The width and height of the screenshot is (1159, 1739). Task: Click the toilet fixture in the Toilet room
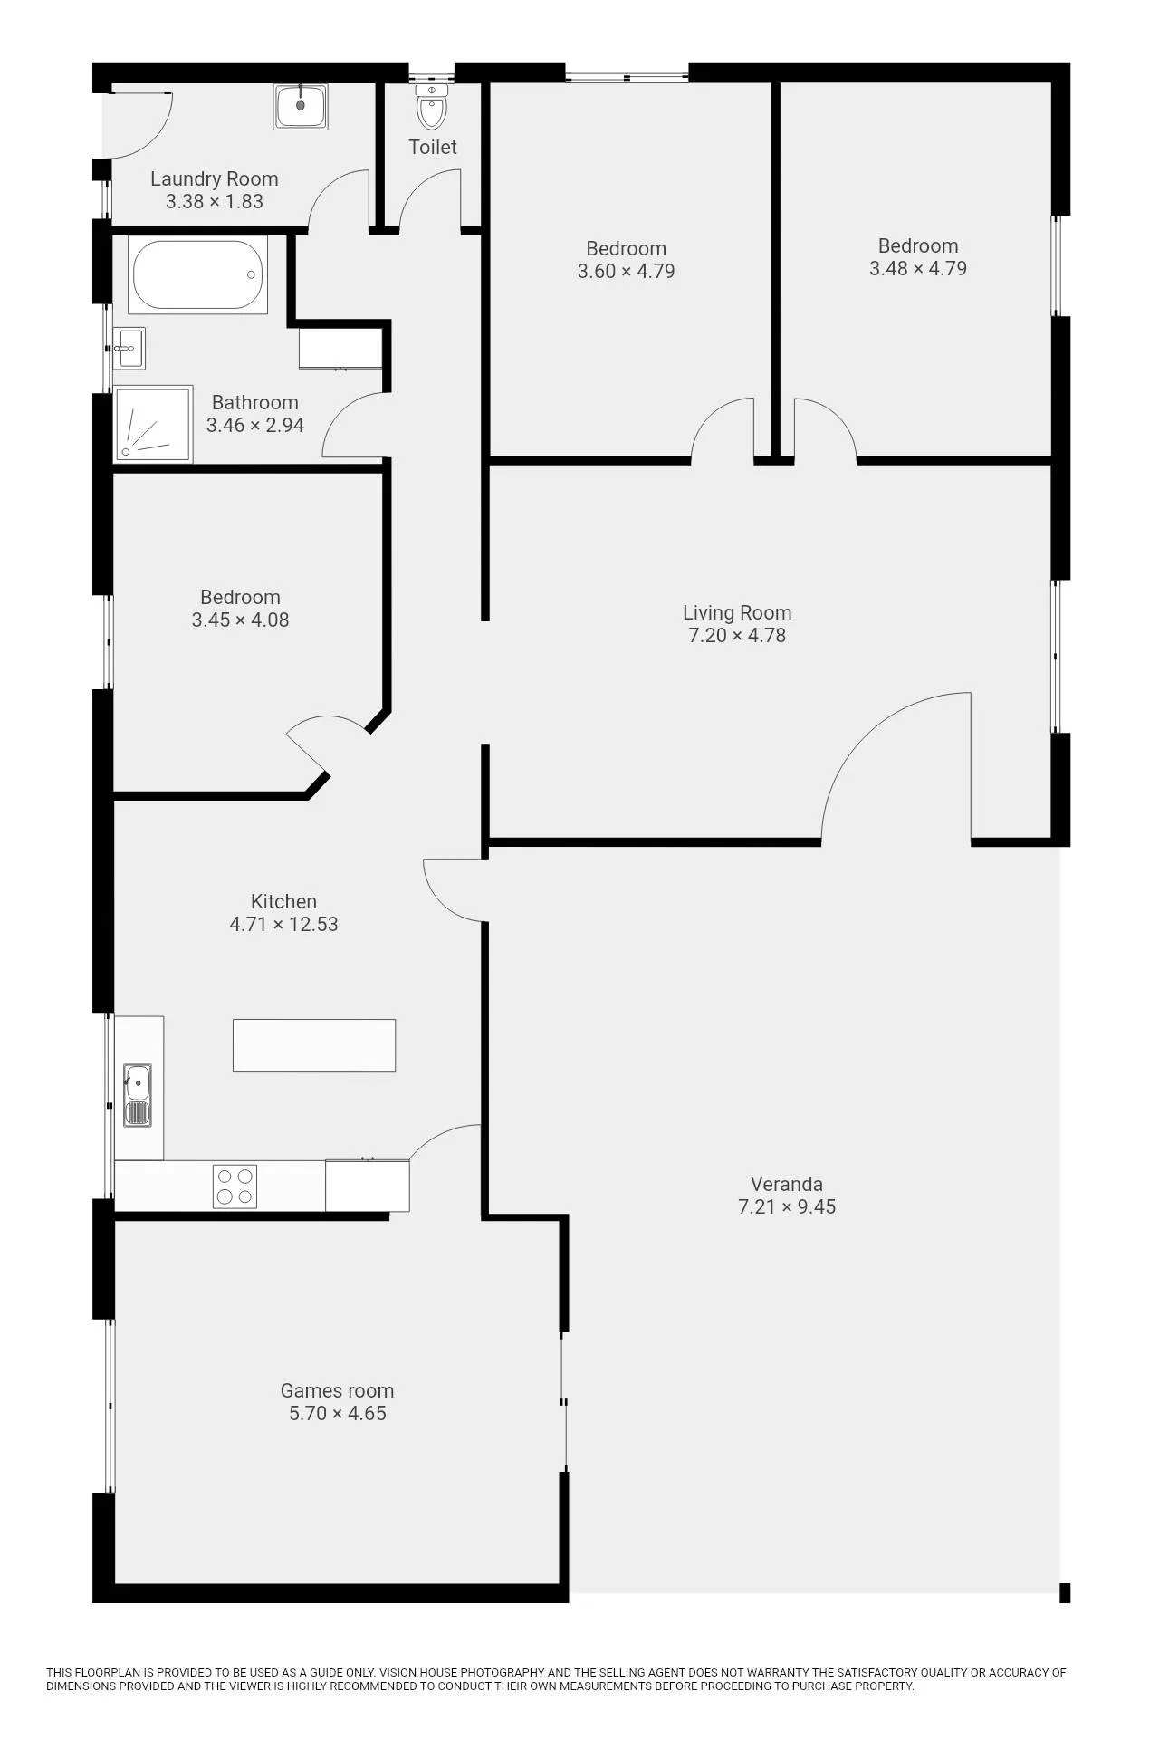pos(432,106)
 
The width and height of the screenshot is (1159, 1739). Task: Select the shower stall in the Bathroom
pos(153,425)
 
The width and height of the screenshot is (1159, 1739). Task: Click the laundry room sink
pos(301,106)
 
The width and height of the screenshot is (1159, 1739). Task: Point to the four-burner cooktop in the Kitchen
pos(235,1187)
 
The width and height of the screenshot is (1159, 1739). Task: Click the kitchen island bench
pos(314,1045)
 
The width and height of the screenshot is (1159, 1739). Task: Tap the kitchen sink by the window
pos(138,1095)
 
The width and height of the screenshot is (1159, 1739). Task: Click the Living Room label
pos(737,613)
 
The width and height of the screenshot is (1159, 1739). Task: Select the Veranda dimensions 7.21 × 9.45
pos(787,1206)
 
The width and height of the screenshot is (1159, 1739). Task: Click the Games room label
pos(337,1390)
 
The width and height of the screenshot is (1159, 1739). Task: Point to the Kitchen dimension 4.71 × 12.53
pos(283,924)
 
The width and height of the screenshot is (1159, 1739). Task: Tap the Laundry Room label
pos(215,179)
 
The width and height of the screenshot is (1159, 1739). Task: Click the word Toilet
pos(433,147)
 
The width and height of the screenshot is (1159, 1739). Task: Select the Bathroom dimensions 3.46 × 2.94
pos(255,425)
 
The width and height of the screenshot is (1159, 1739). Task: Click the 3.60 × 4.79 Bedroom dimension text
pos(627,271)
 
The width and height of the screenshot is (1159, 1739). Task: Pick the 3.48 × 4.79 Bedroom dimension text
pos(918,268)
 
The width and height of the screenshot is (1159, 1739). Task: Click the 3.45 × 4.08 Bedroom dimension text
pos(240,620)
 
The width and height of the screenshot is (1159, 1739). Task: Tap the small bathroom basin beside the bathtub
pos(129,348)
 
